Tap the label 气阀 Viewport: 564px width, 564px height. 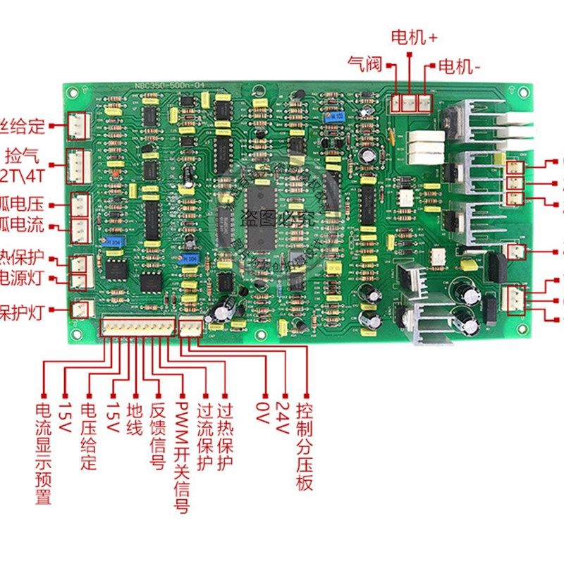click(364, 65)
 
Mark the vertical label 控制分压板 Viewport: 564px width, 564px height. click(305, 446)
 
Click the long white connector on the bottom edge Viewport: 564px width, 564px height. click(138, 326)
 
